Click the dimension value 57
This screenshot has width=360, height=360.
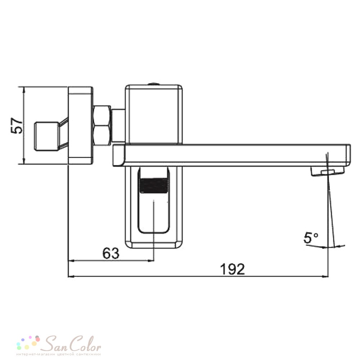click(17, 126)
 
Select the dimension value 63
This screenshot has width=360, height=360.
click(111, 253)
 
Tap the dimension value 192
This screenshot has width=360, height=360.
click(233, 269)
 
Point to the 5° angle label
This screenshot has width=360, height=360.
click(311, 238)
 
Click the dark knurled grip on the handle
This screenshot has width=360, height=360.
click(153, 185)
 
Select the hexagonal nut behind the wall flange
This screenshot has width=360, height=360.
click(102, 125)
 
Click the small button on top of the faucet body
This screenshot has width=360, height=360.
click(154, 84)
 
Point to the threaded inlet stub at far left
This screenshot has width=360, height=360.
click(46, 136)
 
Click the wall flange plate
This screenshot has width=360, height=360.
click(81, 125)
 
